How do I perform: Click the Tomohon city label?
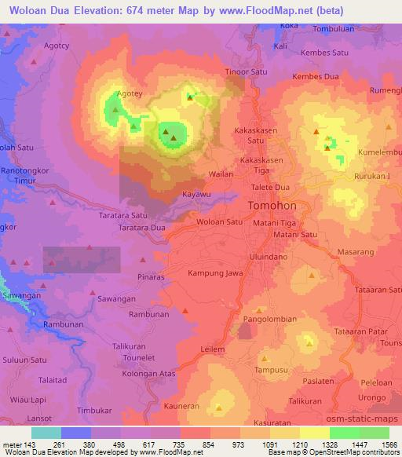click(272, 206)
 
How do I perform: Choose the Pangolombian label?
click(269, 320)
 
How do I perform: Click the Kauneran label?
click(181, 406)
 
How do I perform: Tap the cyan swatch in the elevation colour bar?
click(46, 433)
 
